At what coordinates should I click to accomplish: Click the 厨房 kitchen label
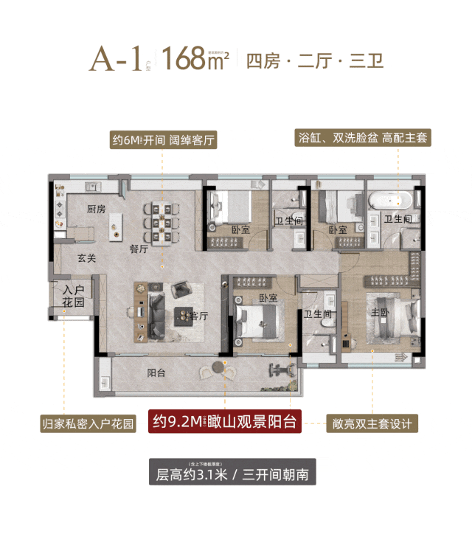(97, 209)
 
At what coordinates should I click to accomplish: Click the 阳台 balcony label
(156, 373)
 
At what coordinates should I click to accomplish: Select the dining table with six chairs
(160, 221)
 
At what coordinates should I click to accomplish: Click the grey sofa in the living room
(156, 313)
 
